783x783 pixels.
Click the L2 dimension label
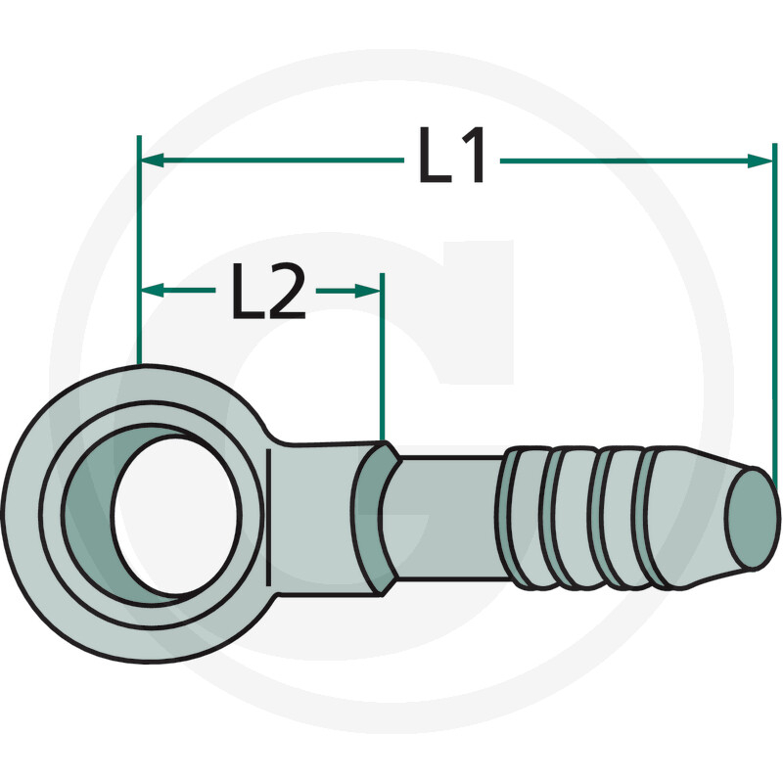click(268, 291)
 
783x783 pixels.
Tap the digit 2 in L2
click(286, 291)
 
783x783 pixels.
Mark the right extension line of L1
click(776, 313)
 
